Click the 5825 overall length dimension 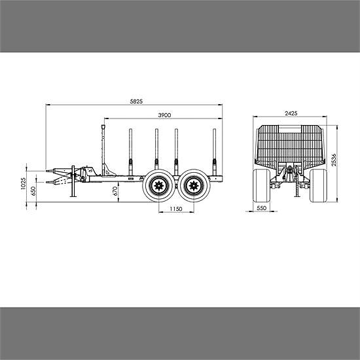[136, 102]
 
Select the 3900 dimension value [164, 115]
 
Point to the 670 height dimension [115, 190]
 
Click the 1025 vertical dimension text [24, 183]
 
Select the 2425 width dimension [291, 113]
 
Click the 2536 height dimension [334, 160]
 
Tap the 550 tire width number [262, 208]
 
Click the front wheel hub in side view [158, 186]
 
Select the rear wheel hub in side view [192, 186]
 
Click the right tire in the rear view [319, 186]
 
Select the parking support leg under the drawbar [74, 190]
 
